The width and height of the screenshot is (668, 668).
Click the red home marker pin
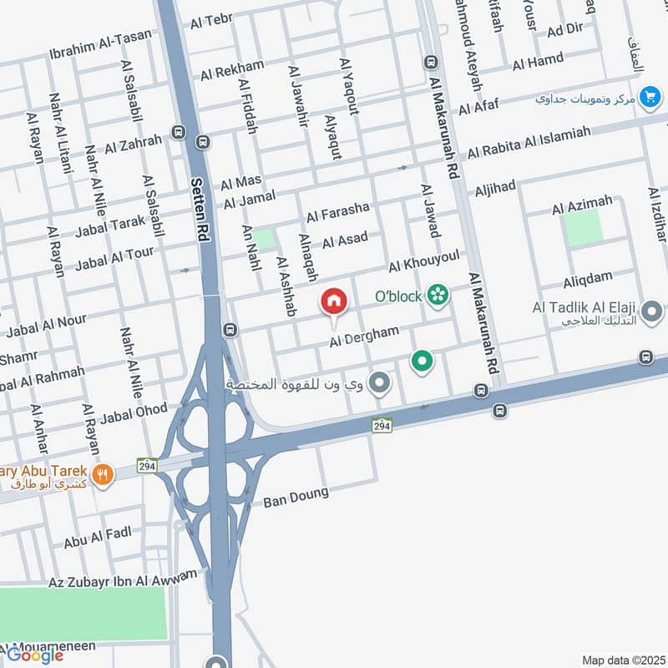pos(334,302)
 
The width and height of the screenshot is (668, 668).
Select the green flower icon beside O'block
pos(437,294)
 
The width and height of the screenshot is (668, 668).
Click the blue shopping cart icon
pos(648,97)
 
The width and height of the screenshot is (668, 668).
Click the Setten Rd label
pos(200,208)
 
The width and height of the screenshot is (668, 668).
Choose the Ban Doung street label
pos(296,498)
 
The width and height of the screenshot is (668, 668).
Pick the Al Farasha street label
pos(337,212)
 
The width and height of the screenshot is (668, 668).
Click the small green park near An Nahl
pos(265,240)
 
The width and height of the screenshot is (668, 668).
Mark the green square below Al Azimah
pos(584,227)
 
